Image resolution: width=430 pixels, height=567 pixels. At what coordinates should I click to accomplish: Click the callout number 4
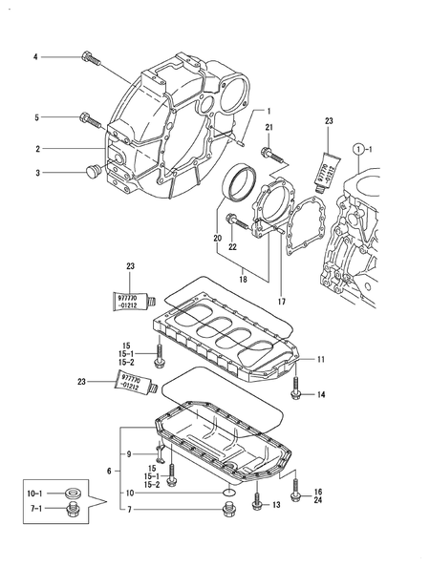(36, 57)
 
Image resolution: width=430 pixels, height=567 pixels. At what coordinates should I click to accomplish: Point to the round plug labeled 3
(93, 172)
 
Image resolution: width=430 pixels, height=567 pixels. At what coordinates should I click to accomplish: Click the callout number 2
(37, 149)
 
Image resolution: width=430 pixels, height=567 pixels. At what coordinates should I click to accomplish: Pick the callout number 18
(231, 280)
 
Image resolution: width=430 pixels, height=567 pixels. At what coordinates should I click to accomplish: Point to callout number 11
(321, 360)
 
